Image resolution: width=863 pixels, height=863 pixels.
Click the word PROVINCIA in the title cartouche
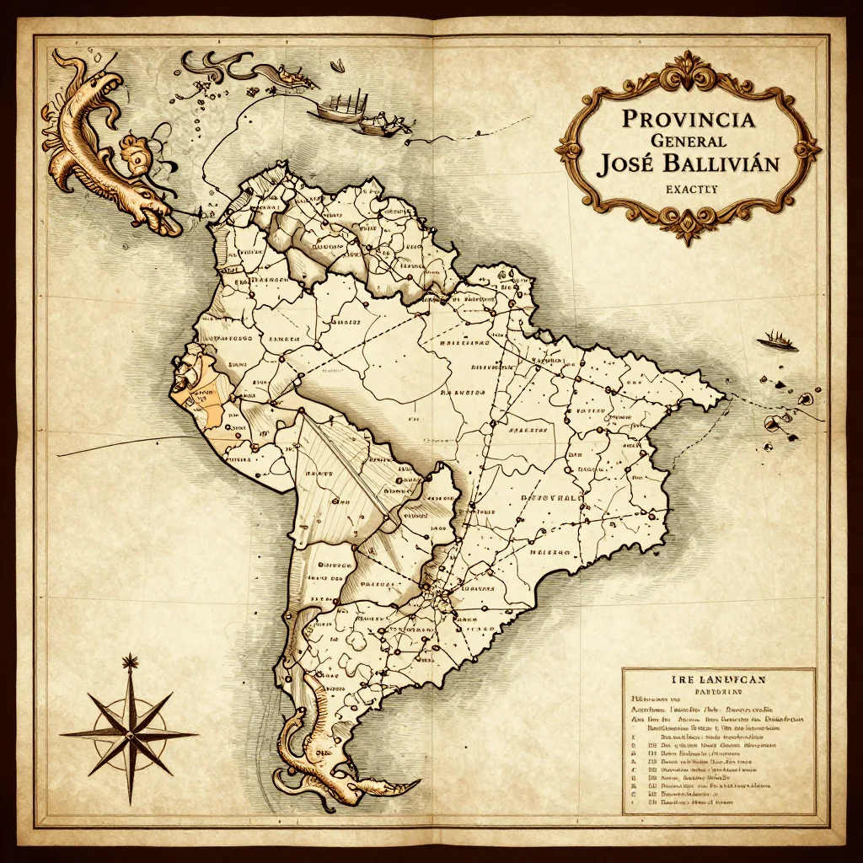click(x=689, y=117)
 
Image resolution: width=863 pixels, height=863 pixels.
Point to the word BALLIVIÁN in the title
click(x=722, y=163)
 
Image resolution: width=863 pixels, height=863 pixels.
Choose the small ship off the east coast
click(x=777, y=340)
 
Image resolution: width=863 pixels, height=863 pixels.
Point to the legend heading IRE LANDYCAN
click(x=718, y=677)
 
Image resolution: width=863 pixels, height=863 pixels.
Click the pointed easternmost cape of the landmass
click(x=721, y=394)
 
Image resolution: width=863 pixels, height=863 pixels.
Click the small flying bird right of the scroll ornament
click(x=336, y=65)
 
